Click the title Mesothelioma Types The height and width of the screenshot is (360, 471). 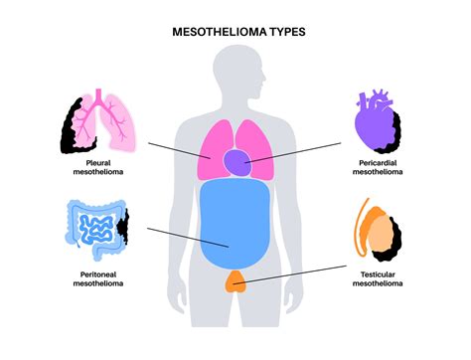(x=235, y=32)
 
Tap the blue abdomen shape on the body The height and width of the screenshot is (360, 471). (x=235, y=225)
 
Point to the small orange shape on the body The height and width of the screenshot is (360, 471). (x=235, y=280)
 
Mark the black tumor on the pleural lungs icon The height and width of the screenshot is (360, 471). (x=70, y=124)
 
